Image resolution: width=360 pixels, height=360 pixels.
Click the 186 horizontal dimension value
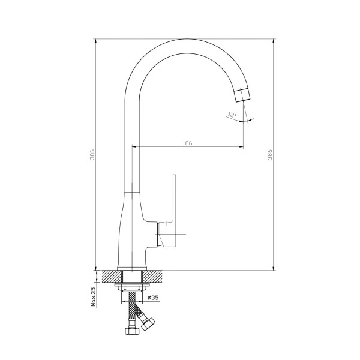(x=187, y=143)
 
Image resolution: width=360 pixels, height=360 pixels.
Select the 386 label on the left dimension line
(x=92, y=154)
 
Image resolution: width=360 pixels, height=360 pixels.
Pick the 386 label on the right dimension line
(x=270, y=154)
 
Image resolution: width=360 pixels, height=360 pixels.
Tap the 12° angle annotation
(x=232, y=115)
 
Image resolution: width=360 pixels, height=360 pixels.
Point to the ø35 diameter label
(x=153, y=298)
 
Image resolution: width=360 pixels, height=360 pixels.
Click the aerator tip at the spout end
(x=242, y=95)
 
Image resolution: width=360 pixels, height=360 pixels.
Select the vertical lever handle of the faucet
(x=174, y=211)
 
